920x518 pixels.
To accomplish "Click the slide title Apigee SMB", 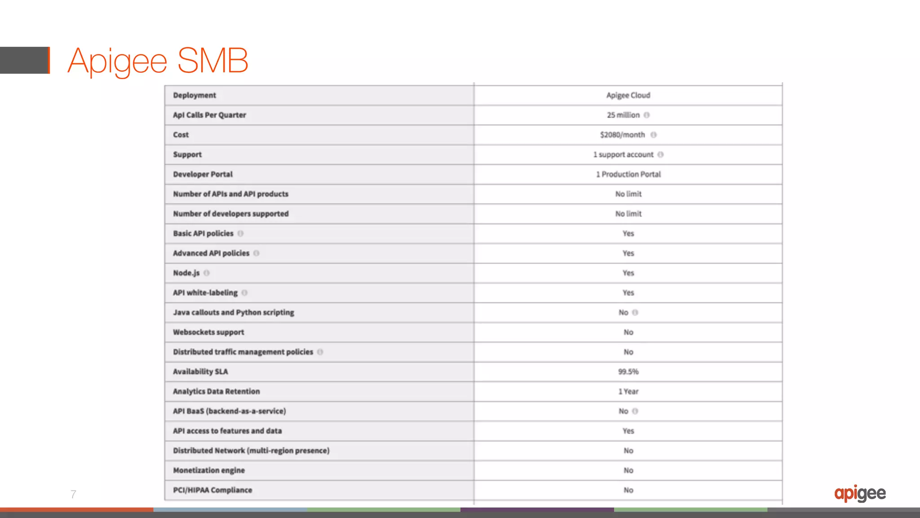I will [x=158, y=61].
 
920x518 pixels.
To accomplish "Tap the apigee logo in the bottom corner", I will [x=860, y=493].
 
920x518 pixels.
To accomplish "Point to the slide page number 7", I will [x=73, y=494].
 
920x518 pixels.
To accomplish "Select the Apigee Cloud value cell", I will [x=628, y=95].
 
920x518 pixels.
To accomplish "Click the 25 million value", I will [x=623, y=115].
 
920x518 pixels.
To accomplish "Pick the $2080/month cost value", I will [x=622, y=135].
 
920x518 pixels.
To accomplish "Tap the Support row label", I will [x=187, y=155].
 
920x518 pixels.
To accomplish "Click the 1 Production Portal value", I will [x=628, y=174].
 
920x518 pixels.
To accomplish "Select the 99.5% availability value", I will [x=628, y=372].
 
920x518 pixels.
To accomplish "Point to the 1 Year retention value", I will [x=628, y=391].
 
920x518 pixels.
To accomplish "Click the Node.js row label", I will [x=186, y=273].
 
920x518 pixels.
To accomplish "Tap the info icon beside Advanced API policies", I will [x=257, y=253].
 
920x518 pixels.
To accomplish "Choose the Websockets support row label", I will [x=208, y=332].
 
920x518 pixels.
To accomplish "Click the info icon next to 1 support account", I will [x=660, y=155].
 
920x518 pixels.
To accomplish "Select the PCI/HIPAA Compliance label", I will [x=212, y=490].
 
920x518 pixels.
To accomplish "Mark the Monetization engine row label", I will [x=209, y=470].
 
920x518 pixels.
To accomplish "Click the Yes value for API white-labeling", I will [x=628, y=293].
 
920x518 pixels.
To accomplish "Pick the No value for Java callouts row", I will [x=623, y=313].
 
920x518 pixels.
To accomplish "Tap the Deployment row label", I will [x=195, y=95].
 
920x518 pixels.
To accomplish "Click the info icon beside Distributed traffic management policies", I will [x=320, y=352].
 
